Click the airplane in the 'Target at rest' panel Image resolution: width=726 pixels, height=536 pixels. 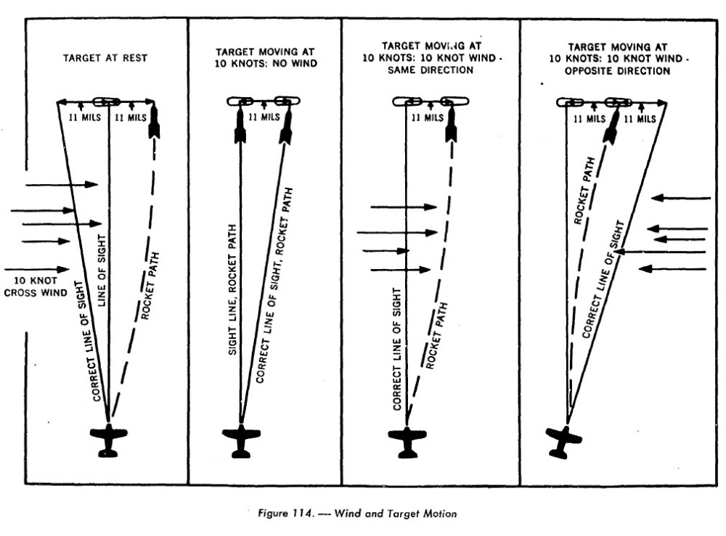pos(108,440)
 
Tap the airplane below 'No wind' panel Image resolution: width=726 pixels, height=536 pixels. pos(241,440)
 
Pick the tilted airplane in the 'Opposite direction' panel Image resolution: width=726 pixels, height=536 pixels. pos(564,441)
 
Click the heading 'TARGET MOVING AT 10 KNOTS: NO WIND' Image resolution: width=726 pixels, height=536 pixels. pos(265,59)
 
